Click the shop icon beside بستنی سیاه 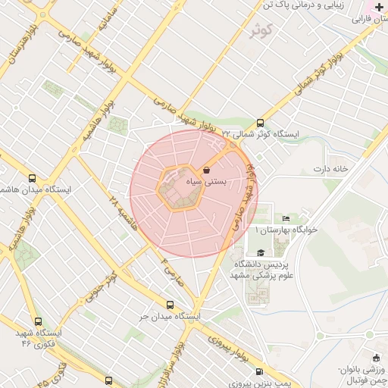coord(207,171)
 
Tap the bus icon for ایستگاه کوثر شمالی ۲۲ coord(261,122)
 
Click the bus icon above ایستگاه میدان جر coord(170,302)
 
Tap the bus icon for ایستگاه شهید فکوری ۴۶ coord(39,321)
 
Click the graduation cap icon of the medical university coord(261,253)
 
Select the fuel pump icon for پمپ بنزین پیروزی coord(261,371)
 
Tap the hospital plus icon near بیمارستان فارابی coord(379,6)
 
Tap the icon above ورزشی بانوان coord(376,358)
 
